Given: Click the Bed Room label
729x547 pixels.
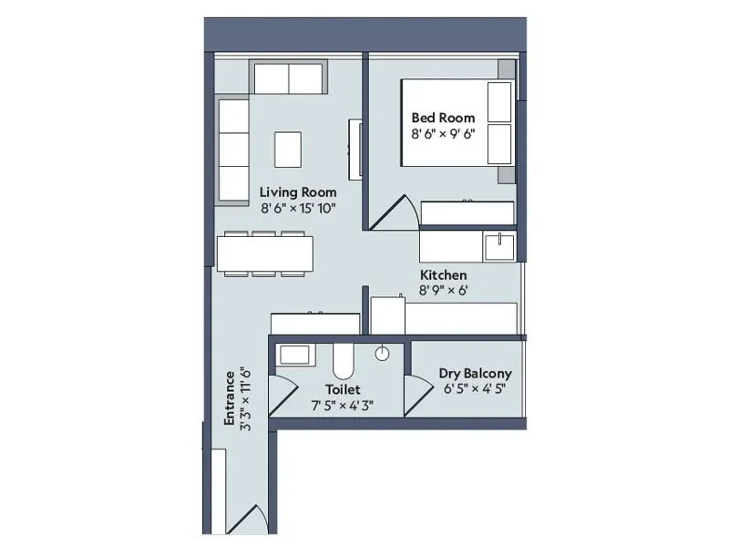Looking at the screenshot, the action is click(443, 118).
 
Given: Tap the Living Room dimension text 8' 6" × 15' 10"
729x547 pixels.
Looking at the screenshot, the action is click(298, 209).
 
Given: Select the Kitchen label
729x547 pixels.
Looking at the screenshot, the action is click(444, 274).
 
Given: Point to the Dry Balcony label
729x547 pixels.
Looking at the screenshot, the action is click(475, 373).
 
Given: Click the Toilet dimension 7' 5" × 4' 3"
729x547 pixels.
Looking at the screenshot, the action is click(336, 406).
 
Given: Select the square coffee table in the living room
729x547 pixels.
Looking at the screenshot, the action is click(288, 150).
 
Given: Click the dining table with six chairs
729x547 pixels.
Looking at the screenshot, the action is click(265, 253).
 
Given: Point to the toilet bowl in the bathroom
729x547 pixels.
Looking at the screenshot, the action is click(344, 361).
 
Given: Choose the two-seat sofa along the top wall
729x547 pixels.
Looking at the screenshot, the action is click(290, 79).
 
